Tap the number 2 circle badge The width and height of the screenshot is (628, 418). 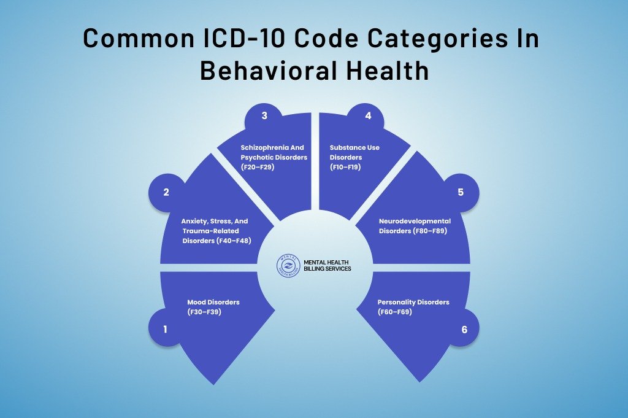[166, 192]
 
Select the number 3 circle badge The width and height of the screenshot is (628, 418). [264, 116]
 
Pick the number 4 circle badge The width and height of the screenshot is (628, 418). [368, 116]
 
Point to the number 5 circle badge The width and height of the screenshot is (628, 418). [461, 192]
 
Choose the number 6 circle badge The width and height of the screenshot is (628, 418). [464, 330]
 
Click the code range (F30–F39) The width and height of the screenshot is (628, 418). [204, 312]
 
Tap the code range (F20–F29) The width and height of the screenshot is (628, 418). [258, 167]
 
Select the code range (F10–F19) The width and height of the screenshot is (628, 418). [345, 167]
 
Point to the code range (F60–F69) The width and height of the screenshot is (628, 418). [394, 312]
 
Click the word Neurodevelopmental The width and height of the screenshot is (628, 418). [415, 221]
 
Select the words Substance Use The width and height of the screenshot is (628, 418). [354, 147]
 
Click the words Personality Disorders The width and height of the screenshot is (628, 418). [413, 302]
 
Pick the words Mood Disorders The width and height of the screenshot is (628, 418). [213, 302]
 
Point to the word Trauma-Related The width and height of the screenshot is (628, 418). [211, 231]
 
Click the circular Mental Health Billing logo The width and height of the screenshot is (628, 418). [288, 265]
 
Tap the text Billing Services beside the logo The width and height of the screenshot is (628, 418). [327, 268]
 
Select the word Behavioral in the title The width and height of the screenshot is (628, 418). [269, 71]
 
